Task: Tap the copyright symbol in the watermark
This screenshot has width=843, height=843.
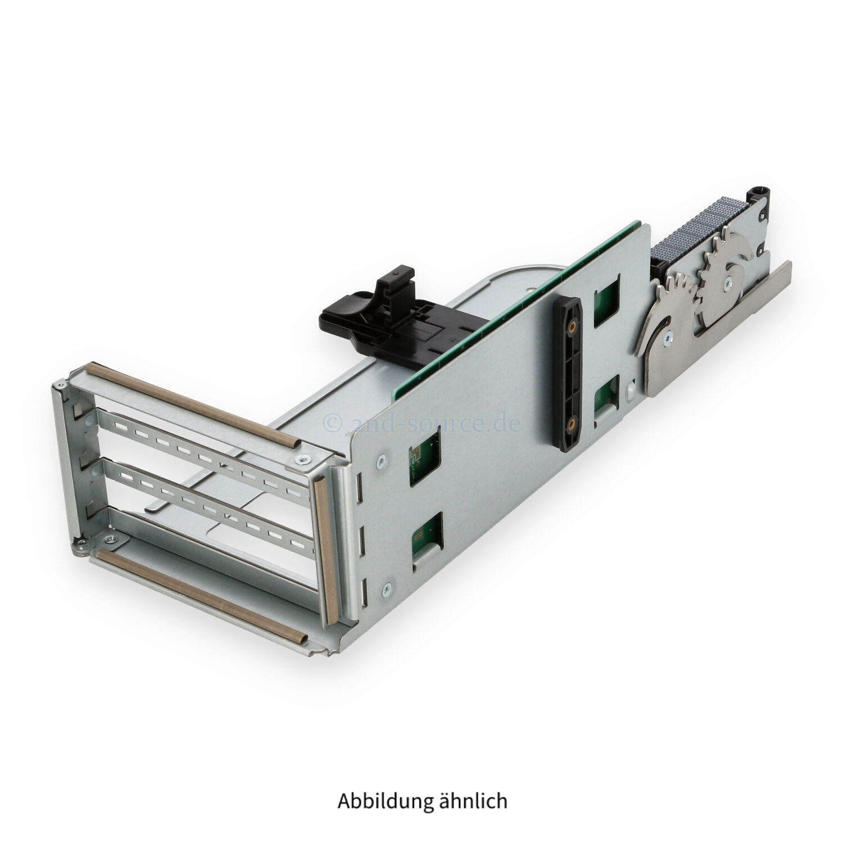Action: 332,423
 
